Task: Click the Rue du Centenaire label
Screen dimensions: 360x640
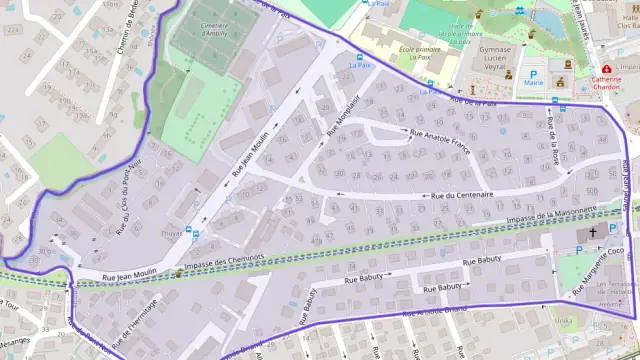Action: tap(462, 196)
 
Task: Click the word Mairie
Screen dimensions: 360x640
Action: tap(534, 84)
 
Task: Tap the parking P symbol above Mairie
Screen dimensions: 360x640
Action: tap(534, 73)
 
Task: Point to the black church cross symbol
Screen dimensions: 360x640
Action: tap(592, 232)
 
